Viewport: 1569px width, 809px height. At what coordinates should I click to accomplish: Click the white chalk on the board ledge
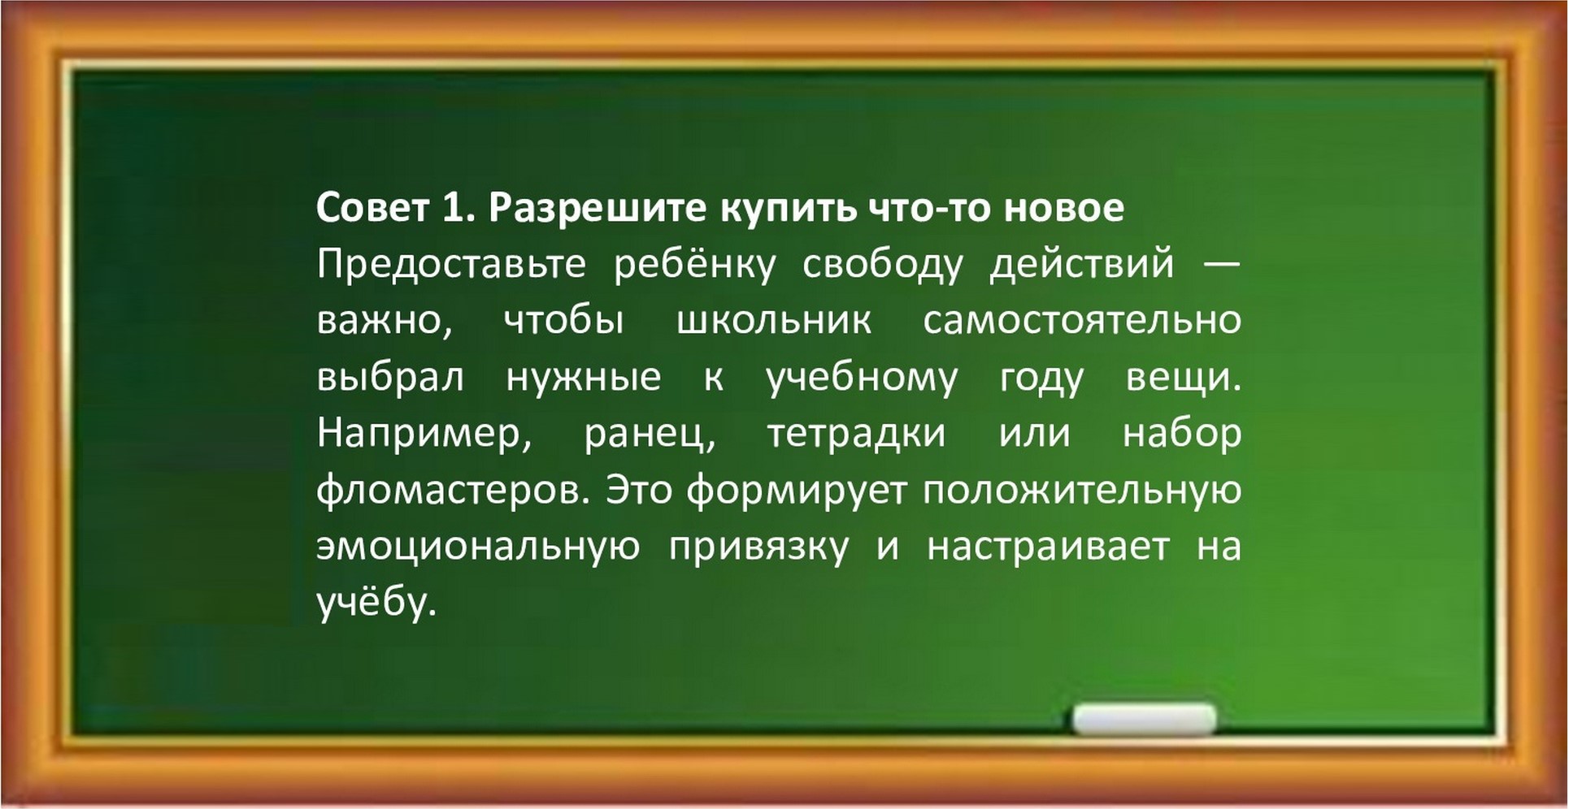[x=1145, y=720]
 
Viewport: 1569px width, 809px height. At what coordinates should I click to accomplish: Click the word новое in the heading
[x=1064, y=210]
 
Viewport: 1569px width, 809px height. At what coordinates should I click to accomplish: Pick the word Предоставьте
[x=451, y=265]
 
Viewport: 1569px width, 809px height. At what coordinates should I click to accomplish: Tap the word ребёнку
[x=695, y=265]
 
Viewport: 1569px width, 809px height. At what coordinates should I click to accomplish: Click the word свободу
[x=883, y=265]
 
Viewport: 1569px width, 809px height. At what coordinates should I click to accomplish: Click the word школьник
[x=774, y=322]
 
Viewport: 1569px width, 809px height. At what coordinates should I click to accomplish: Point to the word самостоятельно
[x=1082, y=322]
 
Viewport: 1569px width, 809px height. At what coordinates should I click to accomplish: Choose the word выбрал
[x=390, y=378]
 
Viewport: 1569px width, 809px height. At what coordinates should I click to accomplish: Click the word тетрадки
[x=857, y=435]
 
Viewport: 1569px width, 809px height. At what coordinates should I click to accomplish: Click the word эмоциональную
[x=478, y=547]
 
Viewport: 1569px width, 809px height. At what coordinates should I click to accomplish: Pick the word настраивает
[x=1048, y=549]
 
